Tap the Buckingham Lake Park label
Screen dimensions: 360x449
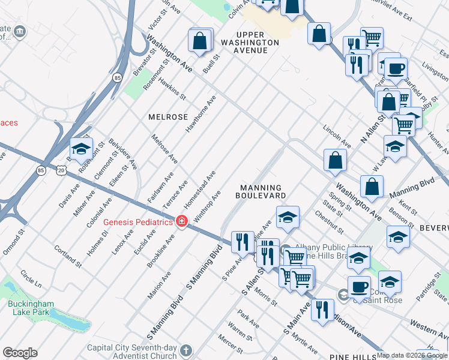(x=31, y=308)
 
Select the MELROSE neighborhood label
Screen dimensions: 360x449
(x=168, y=117)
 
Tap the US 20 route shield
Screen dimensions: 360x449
(x=62, y=171)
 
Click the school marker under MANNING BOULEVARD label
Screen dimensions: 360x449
(x=288, y=217)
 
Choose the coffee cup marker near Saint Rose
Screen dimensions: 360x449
(x=360, y=286)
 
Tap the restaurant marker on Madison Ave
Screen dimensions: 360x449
(x=322, y=310)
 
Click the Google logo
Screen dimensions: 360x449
(x=20, y=353)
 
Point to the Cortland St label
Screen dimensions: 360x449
(x=67, y=256)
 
